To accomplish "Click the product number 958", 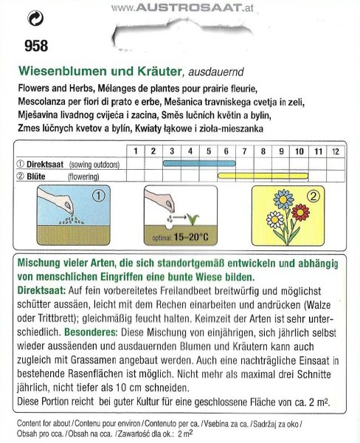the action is [35, 47].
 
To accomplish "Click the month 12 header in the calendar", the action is [336, 151].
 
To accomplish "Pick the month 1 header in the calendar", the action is [136, 151].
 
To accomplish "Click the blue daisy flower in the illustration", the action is [284, 200].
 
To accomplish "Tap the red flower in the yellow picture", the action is [301, 215].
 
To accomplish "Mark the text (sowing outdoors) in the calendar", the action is [94, 164].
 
